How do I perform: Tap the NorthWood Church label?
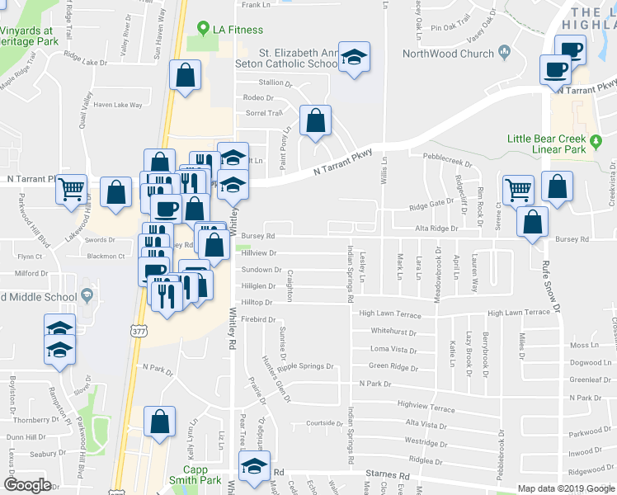(x=450, y=54)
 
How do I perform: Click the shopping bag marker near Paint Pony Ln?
(x=315, y=120)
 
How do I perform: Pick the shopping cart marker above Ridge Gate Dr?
(x=518, y=189)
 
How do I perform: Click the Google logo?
(x=27, y=485)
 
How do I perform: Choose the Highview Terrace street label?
(x=426, y=408)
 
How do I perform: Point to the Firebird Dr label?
(x=257, y=318)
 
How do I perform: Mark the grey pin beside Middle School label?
(x=86, y=296)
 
